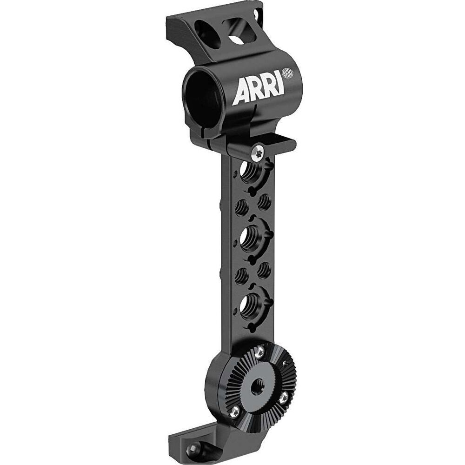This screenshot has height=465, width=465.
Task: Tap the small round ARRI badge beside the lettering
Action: pyautogui.click(x=287, y=73)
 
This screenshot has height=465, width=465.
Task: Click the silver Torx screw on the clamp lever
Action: pyautogui.click(x=258, y=153)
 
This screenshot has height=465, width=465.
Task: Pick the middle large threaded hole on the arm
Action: pyautogui.click(x=249, y=239)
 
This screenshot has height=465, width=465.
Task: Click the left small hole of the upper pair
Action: pyautogui.click(x=241, y=207)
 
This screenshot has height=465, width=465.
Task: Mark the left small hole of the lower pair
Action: pyautogui.click(x=241, y=275)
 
